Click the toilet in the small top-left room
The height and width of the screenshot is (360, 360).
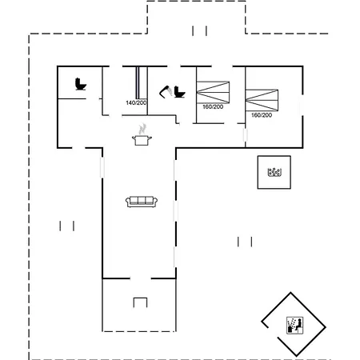(x=81, y=84)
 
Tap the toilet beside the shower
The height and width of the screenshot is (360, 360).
(x=179, y=92)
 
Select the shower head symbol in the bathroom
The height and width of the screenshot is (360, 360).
(x=166, y=92)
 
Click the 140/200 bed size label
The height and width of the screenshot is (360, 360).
(x=136, y=102)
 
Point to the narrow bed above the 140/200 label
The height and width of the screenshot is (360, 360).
(x=138, y=82)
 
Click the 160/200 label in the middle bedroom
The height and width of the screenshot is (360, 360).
(x=213, y=106)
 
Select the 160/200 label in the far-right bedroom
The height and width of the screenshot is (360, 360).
(x=262, y=115)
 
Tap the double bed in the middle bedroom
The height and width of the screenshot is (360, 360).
(x=213, y=92)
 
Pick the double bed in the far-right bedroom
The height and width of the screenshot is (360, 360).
(x=262, y=100)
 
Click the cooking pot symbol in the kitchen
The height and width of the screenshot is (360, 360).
(x=142, y=140)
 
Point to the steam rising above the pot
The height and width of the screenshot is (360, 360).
(x=142, y=129)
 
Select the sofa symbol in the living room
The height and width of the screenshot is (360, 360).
(x=142, y=202)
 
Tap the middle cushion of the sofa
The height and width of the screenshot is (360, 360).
(x=142, y=200)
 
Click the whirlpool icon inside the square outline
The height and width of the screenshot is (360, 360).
(x=274, y=172)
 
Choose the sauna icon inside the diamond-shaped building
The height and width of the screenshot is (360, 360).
(x=295, y=325)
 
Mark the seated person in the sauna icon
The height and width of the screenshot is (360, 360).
(x=299, y=325)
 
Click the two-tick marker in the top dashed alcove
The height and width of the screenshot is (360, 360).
(x=199, y=30)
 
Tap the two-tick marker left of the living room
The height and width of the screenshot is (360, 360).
(x=67, y=226)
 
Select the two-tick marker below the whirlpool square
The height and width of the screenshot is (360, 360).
(x=245, y=242)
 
